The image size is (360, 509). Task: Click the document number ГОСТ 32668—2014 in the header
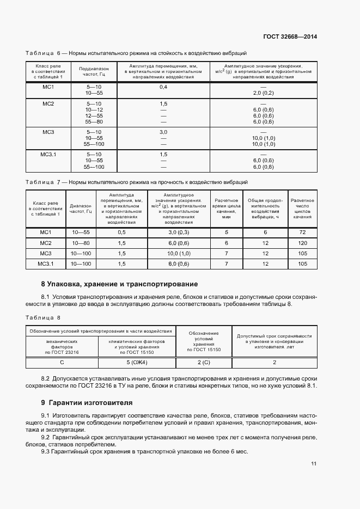point(291,37)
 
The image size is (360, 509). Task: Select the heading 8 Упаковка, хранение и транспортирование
point(119,284)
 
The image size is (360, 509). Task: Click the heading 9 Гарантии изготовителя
point(87,403)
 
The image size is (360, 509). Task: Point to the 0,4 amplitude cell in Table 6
point(163,87)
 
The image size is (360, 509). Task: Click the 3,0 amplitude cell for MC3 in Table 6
point(163,132)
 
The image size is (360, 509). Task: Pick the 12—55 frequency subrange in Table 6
point(94,116)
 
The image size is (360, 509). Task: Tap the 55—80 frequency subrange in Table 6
point(94,122)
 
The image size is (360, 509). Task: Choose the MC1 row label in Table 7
point(46,232)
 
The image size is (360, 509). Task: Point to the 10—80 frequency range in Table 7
point(80,243)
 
